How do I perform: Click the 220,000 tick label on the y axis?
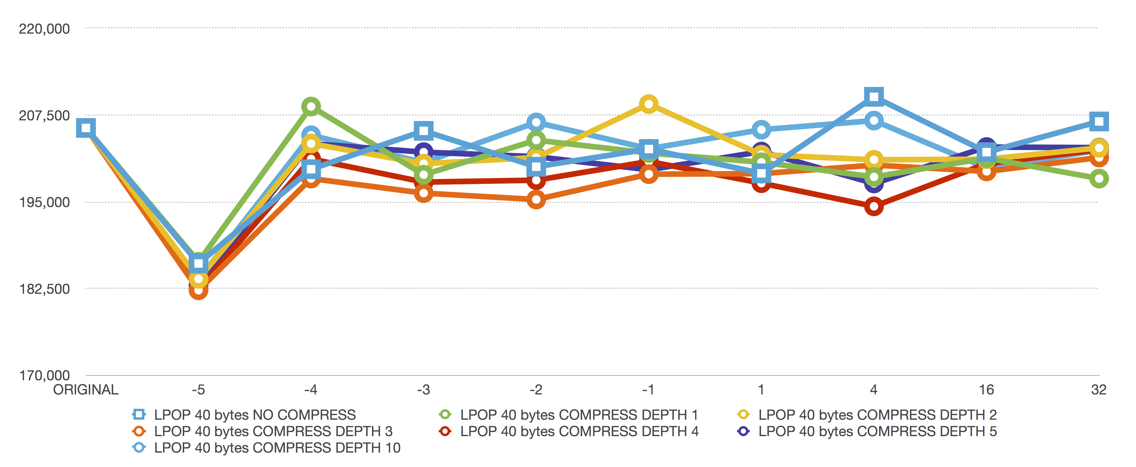(x=44, y=29)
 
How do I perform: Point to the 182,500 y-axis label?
(x=44, y=289)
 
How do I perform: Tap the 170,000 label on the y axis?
(x=44, y=376)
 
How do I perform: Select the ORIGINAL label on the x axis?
(x=86, y=390)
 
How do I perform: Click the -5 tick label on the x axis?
(x=198, y=390)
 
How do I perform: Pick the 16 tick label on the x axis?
(x=986, y=390)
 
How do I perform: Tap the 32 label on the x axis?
(x=1099, y=390)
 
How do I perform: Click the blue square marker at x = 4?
(x=874, y=96)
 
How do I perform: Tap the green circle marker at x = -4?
(x=311, y=106)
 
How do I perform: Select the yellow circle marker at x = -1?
(x=649, y=104)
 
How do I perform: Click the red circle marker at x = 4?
(x=874, y=206)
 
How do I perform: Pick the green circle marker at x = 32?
(x=1099, y=179)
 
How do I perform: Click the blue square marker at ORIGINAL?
(x=86, y=128)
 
